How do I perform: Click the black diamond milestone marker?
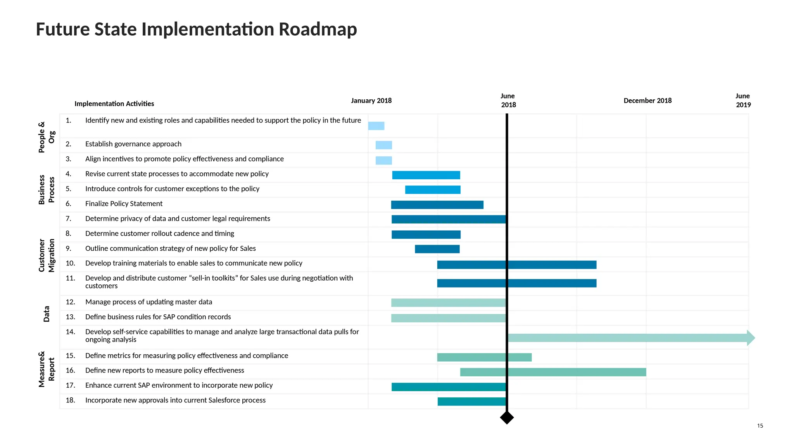coord(507,418)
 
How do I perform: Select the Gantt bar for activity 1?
coord(376,126)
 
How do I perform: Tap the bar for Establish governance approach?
coord(384,145)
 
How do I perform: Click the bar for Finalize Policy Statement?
coord(437,205)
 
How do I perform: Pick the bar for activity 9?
coord(437,249)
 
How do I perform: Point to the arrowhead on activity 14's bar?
coord(751,338)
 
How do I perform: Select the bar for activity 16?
coord(553,372)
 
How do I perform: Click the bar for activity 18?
coord(471,402)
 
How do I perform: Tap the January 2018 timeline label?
coord(371,100)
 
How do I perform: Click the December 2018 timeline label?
coord(647,100)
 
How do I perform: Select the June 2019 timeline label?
coord(743,100)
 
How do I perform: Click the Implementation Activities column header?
coord(114,104)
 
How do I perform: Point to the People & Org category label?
coord(47,137)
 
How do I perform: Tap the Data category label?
coord(47,314)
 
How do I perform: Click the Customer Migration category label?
coord(47,255)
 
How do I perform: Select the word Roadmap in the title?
coord(318,29)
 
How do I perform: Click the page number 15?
coord(760,426)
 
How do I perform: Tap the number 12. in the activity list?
coord(70,302)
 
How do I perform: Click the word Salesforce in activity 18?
coord(224,400)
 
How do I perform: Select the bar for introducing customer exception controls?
coord(433,190)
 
